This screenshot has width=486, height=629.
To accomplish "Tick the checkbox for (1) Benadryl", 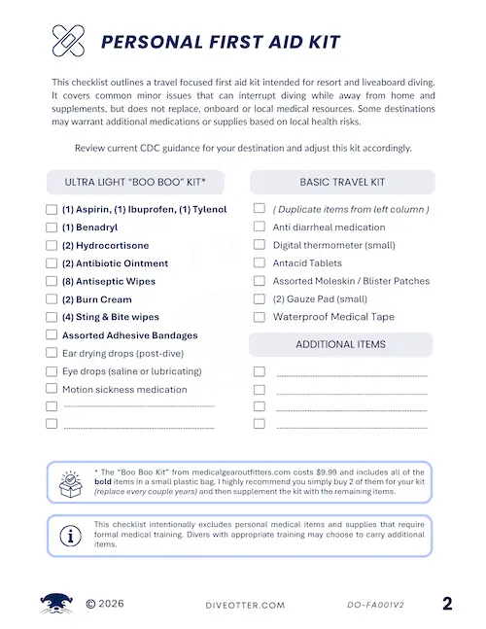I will (x=52, y=227).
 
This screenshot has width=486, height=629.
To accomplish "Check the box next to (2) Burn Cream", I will (x=52, y=299).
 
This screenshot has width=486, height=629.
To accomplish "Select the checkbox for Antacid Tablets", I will (x=260, y=262).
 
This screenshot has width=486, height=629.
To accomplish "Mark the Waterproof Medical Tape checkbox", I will (x=260, y=317).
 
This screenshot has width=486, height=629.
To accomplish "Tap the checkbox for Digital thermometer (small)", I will (x=260, y=245).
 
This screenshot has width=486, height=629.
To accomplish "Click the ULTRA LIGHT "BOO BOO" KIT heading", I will (x=143, y=183).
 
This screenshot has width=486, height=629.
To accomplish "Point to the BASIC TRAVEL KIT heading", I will (x=342, y=182).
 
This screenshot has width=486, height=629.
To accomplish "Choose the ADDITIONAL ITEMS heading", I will (x=341, y=344).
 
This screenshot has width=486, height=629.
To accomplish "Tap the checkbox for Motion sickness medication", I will (x=52, y=389).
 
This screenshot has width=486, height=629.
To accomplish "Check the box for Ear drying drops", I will (x=52, y=353).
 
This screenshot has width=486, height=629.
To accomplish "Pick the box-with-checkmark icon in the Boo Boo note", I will (x=71, y=482).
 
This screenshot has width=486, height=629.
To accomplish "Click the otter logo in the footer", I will (x=56, y=603).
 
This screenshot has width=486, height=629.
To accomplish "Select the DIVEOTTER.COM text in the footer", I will (x=247, y=605).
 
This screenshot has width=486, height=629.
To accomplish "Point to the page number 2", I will (x=447, y=604).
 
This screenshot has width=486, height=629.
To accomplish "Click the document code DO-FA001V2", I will (x=375, y=605).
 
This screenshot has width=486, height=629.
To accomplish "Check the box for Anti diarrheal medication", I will (x=260, y=227).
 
